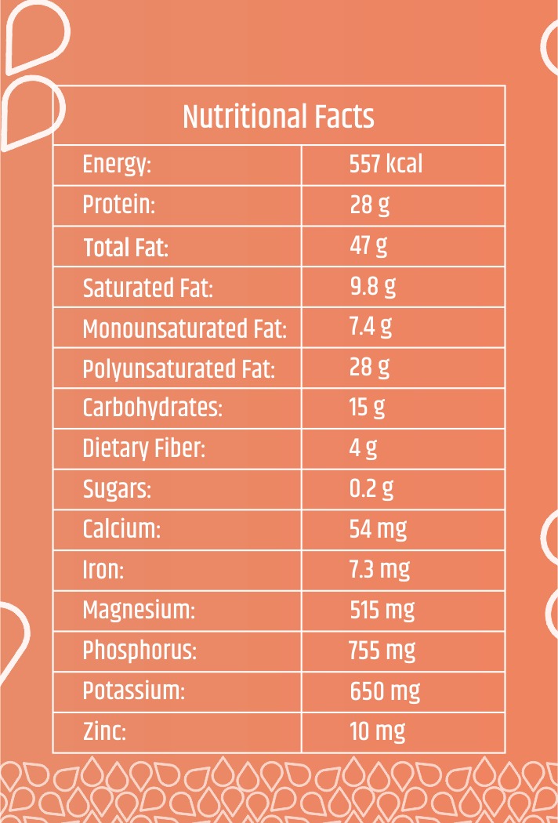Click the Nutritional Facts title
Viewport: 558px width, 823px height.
click(278, 117)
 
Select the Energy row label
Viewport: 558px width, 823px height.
click(117, 166)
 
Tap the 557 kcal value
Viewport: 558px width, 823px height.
click(386, 165)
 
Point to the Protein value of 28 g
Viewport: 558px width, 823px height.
click(370, 205)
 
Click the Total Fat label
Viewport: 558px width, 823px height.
click(126, 247)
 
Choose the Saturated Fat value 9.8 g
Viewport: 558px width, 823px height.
click(373, 287)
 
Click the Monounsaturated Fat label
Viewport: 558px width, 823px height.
click(185, 328)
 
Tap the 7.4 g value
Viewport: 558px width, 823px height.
click(371, 328)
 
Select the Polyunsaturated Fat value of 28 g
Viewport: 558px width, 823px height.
click(370, 368)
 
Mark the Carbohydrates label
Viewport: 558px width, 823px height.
click(153, 409)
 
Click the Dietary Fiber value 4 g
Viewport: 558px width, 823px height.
click(364, 449)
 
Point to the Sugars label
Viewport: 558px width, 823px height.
click(117, 490)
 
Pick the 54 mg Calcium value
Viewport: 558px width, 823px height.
click(378, 530)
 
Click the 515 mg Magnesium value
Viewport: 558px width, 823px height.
click(382, 611)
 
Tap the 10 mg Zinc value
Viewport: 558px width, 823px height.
click(378, 732)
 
